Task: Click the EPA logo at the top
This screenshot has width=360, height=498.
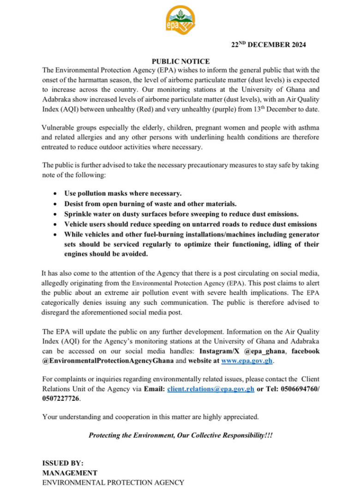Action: (x=180, y=22)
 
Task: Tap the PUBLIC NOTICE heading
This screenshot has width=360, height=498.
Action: (x=180, y=61)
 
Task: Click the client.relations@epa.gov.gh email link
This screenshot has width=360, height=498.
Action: (x=211, y=390)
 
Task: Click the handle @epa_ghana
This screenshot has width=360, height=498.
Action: (x=268, y=352)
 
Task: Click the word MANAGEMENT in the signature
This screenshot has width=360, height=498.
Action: (x=70, y=473)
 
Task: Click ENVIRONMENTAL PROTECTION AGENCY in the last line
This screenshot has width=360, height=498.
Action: (x=113, y=482)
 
